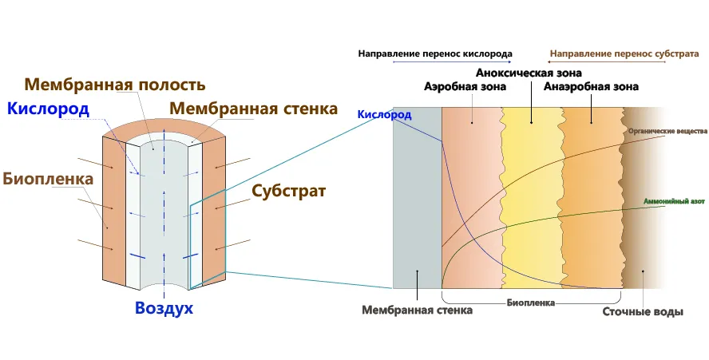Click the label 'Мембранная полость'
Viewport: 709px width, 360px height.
(115, 85)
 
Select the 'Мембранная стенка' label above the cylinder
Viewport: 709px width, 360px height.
(254, 108)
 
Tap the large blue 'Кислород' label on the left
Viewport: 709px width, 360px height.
(48, 109)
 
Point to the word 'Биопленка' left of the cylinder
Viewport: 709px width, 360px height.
(48, 179)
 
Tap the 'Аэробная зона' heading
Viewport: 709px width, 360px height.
(464, 86)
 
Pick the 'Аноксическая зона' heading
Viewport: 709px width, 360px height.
(529, 73)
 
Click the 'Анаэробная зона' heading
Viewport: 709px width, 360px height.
(592, 86)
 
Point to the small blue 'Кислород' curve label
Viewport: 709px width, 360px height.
(384, 116)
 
